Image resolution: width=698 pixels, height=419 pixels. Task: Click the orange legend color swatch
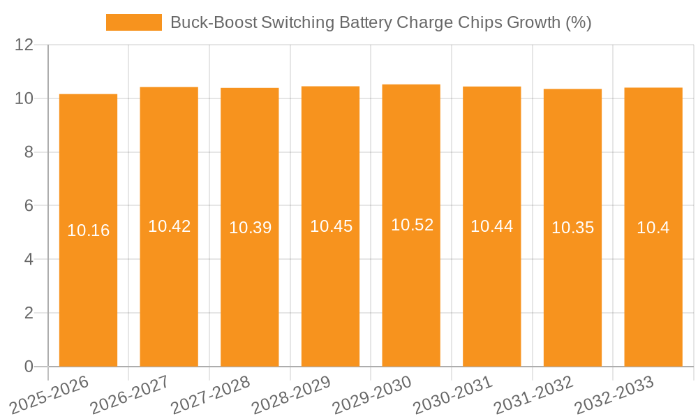(133, 22)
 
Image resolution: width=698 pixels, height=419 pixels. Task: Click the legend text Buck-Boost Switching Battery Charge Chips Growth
(380, 22)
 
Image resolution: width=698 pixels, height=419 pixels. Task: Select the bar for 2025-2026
(88, 230)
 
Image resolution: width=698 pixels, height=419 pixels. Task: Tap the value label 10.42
(169, 226)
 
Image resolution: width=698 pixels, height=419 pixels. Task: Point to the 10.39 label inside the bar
(250, 228)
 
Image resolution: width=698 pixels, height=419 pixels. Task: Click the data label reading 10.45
(331, 226)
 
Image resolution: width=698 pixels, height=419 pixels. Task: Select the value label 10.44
(492, 226)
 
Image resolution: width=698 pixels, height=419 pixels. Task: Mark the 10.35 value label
(572, 228)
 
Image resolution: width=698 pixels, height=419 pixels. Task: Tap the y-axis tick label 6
(29, 206)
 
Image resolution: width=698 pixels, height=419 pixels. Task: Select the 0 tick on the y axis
(29, 367)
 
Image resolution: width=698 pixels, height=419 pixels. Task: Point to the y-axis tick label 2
(29, 314)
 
